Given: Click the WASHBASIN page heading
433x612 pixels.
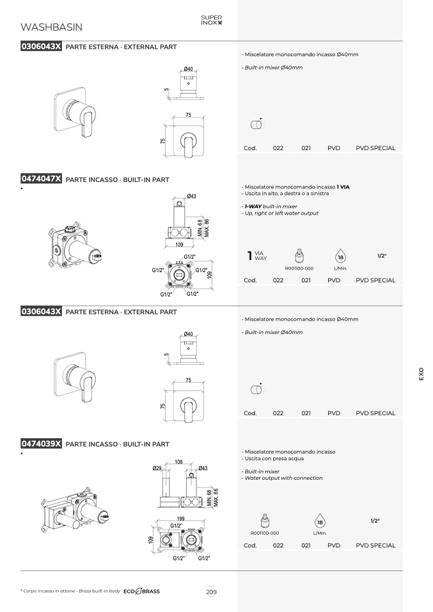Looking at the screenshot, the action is point(51,27).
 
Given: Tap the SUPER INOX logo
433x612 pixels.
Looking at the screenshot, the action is point(212,20).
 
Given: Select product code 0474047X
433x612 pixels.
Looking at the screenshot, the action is point(41,179).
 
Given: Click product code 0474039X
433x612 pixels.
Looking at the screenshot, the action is point(41,443).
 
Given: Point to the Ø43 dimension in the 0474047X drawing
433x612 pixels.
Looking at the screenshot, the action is point(191,196).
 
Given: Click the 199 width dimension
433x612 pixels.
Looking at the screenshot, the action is point(180,519).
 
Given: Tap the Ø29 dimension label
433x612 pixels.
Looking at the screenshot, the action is point(157,468).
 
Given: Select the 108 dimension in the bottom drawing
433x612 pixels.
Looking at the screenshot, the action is point(178,462).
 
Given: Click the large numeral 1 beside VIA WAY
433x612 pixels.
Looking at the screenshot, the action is point(249,256).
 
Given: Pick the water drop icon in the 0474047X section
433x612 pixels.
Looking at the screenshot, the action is point(340,257).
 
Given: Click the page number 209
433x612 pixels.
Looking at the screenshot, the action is point(212,592).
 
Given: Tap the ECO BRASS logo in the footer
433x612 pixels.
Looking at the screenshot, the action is point(141,592).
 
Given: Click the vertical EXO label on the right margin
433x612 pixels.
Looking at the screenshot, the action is point(421,374).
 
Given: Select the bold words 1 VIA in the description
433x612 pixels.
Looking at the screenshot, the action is point(343,187).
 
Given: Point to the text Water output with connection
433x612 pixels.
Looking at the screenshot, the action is point(283,478).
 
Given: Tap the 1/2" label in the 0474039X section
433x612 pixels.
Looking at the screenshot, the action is point(375,521).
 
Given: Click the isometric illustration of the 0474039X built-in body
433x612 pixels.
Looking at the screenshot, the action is point(75,510).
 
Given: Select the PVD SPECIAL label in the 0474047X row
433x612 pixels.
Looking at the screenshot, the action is point(375,280).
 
